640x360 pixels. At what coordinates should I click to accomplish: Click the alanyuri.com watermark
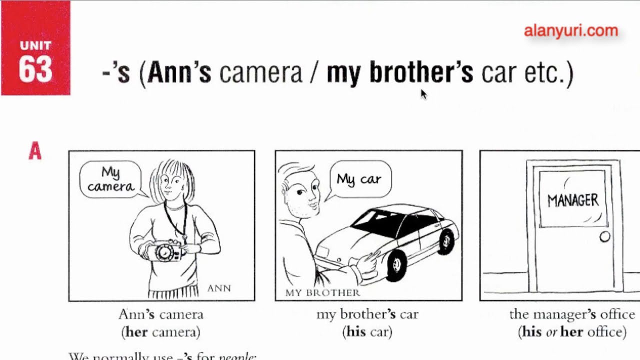coord(571,31)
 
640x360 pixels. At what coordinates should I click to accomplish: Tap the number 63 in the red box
coord(35,69)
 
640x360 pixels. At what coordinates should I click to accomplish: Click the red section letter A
coord(34,151)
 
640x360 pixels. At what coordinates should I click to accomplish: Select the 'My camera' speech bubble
coord(110,179)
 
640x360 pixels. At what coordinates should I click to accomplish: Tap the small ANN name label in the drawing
coord(219,288)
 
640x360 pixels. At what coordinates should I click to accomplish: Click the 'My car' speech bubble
coord(359,179)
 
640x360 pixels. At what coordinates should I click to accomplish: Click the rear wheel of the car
coord(446,241)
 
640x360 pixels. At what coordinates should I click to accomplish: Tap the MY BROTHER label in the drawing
coord(322,292)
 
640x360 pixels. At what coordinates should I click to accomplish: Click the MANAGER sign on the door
coord(572,200)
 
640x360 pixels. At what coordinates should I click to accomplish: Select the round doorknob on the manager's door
coord(604,237)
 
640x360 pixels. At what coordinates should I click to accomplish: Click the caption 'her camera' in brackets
coord(161,331)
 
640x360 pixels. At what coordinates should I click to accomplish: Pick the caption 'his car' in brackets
coord(367,331)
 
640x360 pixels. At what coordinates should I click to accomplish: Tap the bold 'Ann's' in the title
coord(179,73)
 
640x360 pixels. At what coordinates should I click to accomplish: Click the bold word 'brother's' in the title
coord(421,73)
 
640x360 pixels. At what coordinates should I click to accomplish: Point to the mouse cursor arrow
coord(423,94)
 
